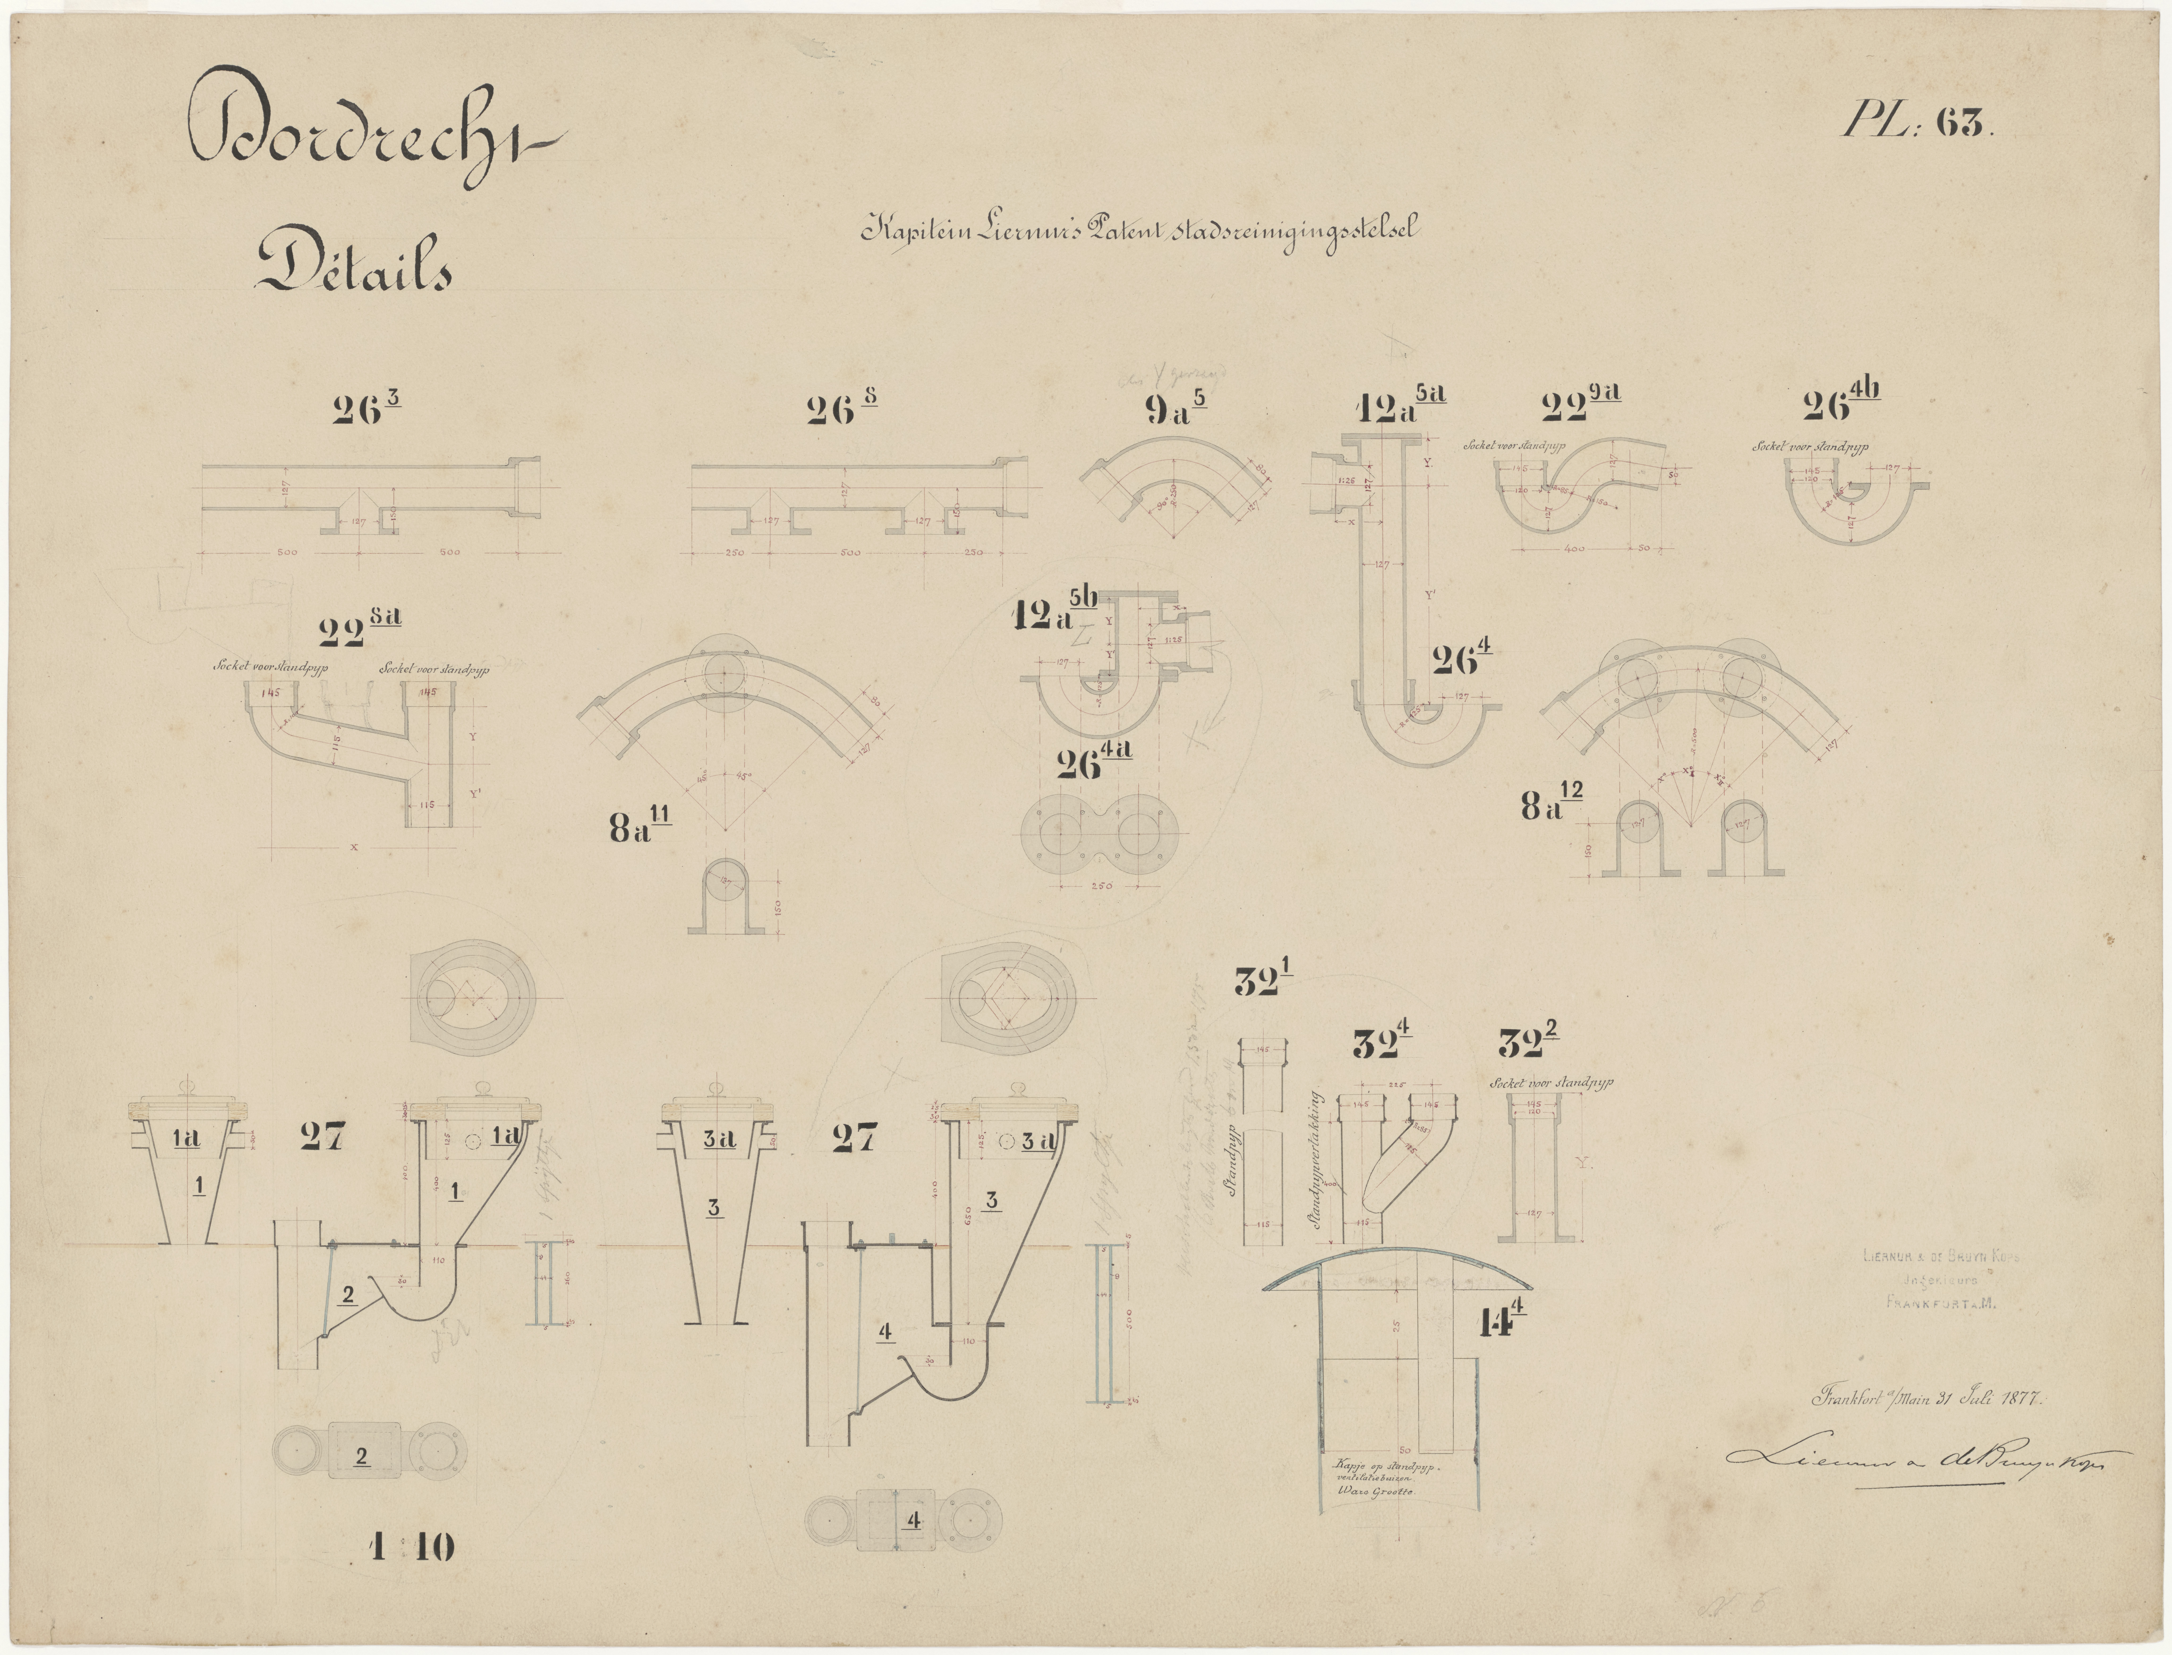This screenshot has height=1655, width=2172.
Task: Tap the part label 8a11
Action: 641,826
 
